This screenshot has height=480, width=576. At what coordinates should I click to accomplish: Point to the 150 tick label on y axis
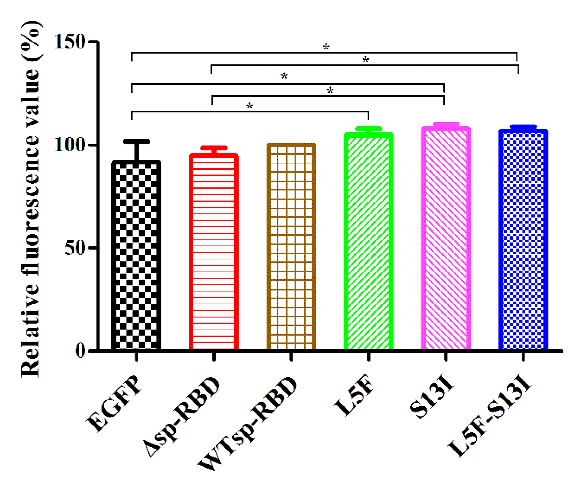70,42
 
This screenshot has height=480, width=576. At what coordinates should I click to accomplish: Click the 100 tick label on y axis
70,145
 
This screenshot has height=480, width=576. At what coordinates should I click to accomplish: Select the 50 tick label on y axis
75,248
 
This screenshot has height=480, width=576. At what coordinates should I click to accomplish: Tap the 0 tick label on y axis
80,351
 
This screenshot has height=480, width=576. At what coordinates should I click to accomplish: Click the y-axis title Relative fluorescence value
31,200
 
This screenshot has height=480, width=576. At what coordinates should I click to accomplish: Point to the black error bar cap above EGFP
137,142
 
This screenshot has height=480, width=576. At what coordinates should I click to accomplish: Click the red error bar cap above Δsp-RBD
214,148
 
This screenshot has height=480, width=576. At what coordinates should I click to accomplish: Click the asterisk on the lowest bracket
250,106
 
